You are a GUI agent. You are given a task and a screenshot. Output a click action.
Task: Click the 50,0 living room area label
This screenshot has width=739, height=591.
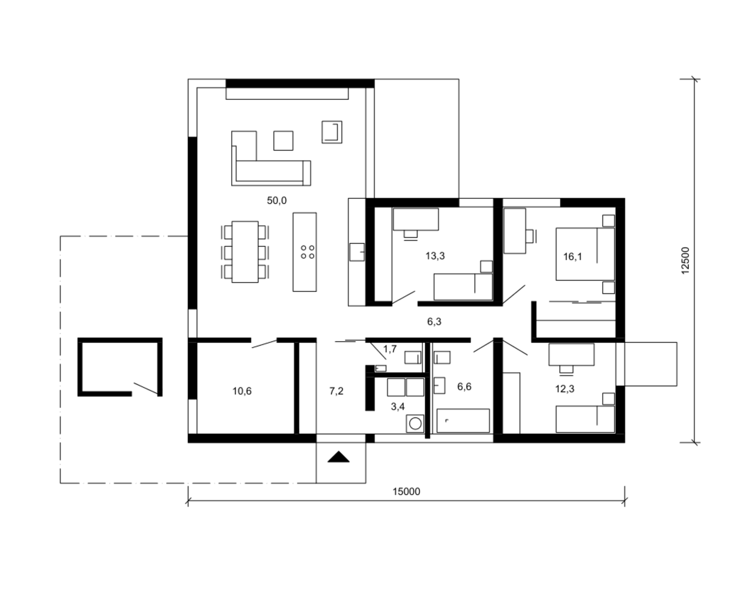point(277,200)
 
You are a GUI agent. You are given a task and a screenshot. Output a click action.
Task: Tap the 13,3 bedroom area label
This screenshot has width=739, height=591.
point(435,256)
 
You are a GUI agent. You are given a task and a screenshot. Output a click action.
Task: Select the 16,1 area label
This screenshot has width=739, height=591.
point(572,257)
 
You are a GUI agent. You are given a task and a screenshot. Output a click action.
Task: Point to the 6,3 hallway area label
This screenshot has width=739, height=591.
point(434,322)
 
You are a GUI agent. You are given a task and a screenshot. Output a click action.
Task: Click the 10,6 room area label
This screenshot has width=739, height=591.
point(242,391)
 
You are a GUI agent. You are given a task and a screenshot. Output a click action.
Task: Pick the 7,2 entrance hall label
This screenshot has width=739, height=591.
point(336,391)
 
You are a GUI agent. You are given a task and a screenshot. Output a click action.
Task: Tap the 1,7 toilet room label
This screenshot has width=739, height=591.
point(390,349)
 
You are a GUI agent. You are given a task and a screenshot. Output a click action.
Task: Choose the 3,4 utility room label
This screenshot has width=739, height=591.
point(398,407)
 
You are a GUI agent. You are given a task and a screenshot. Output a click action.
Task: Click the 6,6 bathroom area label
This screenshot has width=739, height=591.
point(464,387)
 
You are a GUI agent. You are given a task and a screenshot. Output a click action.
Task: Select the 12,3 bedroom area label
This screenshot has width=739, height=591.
point(565,389)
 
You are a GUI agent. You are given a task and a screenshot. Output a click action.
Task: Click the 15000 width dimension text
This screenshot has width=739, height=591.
point(406,492)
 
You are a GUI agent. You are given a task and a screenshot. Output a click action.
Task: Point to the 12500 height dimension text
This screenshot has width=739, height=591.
point(685,261)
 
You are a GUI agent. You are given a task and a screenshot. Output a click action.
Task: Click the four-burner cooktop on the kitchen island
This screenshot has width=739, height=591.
point(308,252)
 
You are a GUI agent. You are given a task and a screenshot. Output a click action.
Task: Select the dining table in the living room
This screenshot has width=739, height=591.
point(245,252)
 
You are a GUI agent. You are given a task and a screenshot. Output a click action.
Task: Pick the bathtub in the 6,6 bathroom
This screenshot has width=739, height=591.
point(463,421)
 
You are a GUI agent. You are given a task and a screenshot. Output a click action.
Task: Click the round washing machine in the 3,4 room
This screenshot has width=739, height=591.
point(415,424)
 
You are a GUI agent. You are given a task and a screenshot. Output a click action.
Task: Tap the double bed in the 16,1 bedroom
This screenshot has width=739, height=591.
point(585,254)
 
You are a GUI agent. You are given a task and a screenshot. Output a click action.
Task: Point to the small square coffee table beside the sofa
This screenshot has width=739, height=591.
point(283,140)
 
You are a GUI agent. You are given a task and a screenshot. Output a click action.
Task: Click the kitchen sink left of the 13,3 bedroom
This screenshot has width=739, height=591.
point(357,252)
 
